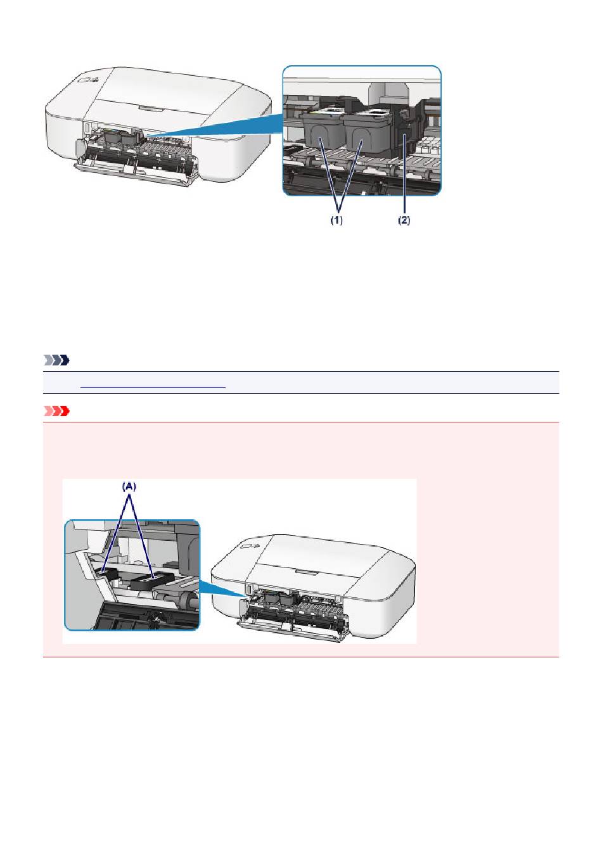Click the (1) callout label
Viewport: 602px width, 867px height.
tap(336, 220)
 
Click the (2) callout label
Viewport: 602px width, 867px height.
tap(404, 220)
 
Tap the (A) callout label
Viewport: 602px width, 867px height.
tap(129, 486)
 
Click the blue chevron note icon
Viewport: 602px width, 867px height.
tap(56, 360)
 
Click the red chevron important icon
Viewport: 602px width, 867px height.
tap(56, 411)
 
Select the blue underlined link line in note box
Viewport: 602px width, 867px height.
tap(153, 386)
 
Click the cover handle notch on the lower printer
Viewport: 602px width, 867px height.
tap(305, 571)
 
